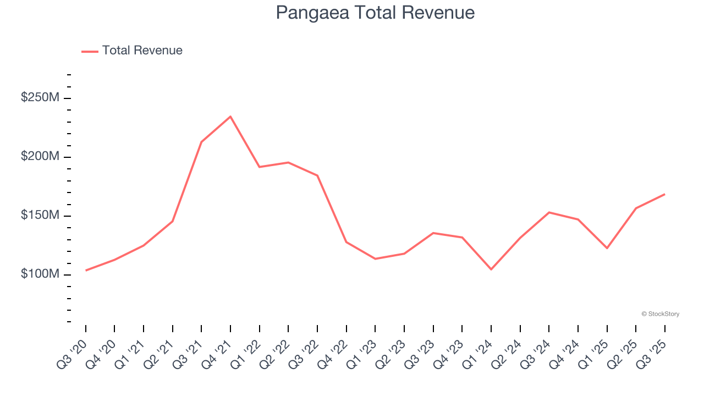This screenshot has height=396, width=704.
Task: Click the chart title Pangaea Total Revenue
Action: (375, 13)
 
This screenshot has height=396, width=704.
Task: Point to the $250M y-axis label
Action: (40, 98)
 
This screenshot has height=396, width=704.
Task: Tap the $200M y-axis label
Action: (40, 157)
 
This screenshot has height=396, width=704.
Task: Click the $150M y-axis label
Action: (40, 215)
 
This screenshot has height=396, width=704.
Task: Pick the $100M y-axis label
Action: (40, 274)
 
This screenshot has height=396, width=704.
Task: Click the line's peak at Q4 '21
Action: (230, 117)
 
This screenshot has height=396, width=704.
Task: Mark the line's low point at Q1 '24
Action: (491, 269)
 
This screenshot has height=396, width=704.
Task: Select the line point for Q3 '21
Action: (201, 142)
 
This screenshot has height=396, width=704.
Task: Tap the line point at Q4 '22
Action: (346, 242)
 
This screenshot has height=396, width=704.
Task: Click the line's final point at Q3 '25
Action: (664, 194)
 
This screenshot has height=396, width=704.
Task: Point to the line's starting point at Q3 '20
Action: (86, 271)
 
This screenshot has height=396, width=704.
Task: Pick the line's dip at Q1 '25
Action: (607, 248)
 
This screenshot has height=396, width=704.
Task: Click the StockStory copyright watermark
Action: (660, 314)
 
